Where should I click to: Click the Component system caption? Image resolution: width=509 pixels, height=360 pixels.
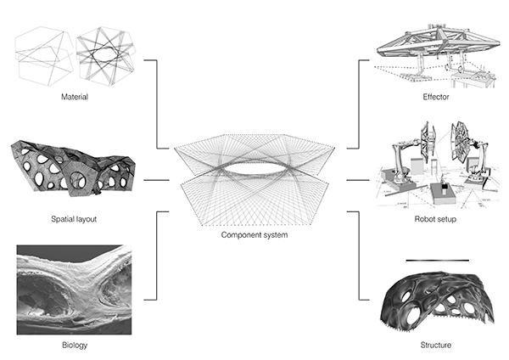[x=254, y=234]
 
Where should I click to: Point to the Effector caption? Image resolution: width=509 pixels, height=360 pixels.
[x=436, y=97]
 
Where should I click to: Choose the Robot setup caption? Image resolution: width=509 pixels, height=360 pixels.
[x=436, y=219]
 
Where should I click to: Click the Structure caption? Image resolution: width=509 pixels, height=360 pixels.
[x=436, y=346]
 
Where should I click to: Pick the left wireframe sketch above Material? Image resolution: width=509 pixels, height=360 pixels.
[x=42, y=55]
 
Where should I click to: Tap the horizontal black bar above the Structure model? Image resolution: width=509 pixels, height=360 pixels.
[x=436, y=259]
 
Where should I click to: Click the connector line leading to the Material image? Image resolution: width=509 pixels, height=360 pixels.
[x=158, y=102]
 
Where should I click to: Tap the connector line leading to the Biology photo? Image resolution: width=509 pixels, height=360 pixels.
[x=158, y=255]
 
